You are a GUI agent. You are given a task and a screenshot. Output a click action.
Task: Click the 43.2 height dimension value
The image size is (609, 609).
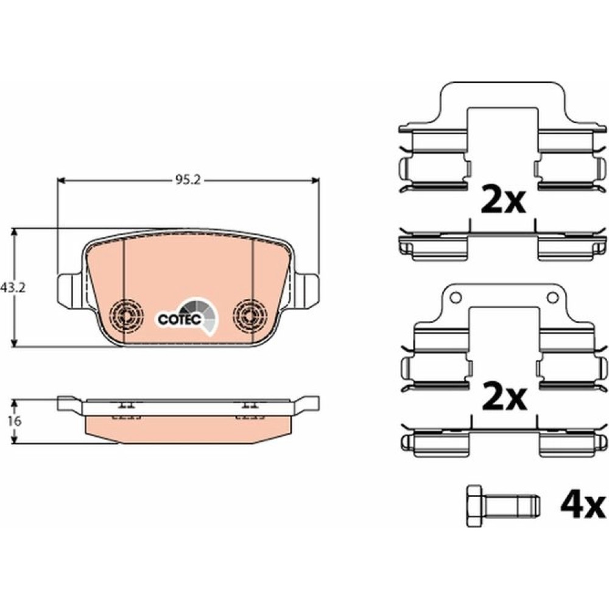coord(13,288)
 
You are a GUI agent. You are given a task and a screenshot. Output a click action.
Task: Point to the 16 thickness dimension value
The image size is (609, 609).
coord(15,421)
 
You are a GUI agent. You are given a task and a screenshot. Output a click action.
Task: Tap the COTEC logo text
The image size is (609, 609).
coord(180,319)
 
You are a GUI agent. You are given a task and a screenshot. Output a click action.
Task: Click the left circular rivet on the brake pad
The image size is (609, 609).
coord(127,315)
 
